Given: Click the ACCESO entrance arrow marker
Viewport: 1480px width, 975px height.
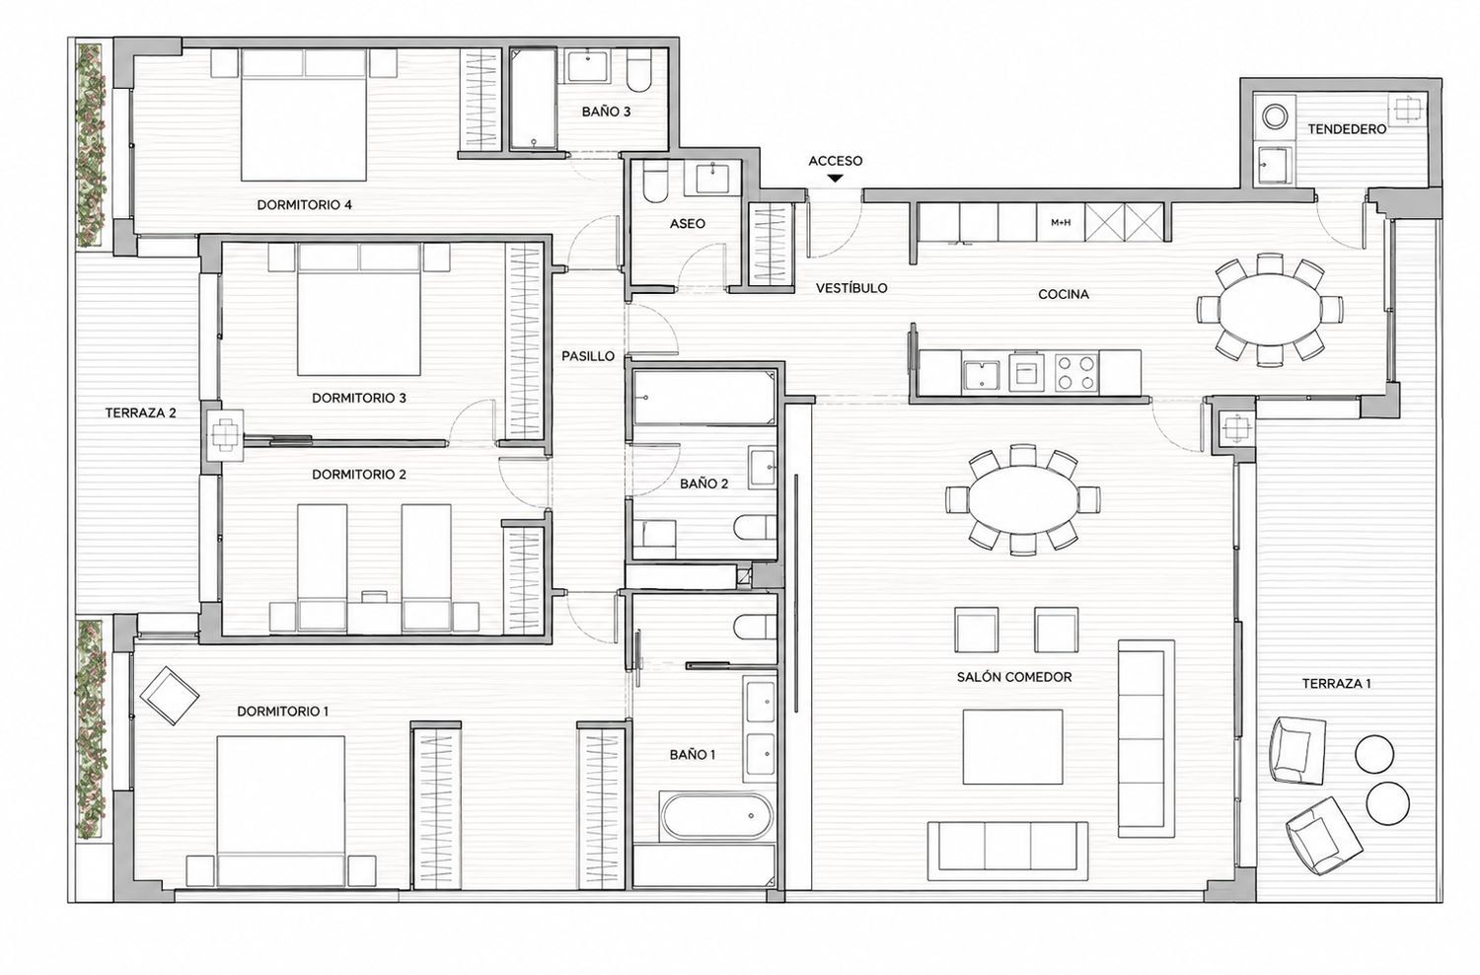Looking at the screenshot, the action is [x=836, y=179].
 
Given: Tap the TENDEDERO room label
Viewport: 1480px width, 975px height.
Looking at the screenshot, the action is [x=1347, y=129].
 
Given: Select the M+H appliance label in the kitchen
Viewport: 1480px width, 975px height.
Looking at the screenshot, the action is [x=1061, y=223].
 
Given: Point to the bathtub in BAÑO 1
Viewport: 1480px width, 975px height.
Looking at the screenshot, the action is [x=715, y=817].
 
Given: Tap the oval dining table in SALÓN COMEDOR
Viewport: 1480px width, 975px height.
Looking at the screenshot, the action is [x=1022, y=499].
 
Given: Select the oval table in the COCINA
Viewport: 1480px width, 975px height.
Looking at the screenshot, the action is [x=1269, y=308].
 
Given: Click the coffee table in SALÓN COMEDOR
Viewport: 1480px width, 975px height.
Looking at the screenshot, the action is [x=1012, y=747].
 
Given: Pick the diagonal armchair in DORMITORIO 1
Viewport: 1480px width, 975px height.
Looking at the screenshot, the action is [x=169, y=696].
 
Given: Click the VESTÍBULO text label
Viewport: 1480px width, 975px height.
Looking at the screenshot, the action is [x=851, y=288].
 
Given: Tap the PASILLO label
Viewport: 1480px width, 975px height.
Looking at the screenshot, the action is [x=588, y=356].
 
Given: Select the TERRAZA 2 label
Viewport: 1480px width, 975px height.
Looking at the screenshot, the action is [x=141, y=413].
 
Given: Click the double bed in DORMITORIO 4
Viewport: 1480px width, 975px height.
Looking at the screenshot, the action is [x=303, y=115].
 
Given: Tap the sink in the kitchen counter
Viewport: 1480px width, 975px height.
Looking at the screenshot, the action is [x=981, y=375].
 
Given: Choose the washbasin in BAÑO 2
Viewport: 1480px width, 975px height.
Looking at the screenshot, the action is [x=763, y=468].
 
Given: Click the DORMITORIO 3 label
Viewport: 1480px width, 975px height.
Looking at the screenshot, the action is [x=359, y=398].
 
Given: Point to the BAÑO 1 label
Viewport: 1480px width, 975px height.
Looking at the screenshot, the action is [x=693, y=755].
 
